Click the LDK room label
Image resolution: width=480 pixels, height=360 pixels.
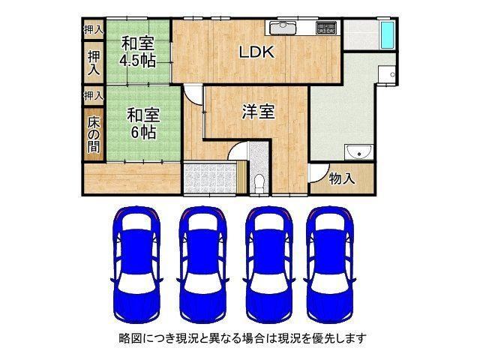tap(256, 52)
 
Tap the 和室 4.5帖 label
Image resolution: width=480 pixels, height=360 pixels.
tap(138, 52)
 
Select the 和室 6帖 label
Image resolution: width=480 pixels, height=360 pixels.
tap(143, 124)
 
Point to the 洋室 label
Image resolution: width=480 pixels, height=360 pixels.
tap(258, 111)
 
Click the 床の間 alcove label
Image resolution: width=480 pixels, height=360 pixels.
tap(93, 135)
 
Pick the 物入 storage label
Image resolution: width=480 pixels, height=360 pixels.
tap(342, 178)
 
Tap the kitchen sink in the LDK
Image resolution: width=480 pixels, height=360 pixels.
tap(283, 28)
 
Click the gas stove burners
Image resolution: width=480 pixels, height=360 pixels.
tap(326, 28)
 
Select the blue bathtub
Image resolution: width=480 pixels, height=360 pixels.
tap(387, 35)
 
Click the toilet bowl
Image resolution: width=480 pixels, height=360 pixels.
tap(259, 184)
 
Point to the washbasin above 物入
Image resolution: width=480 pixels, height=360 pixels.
tap(358, 152)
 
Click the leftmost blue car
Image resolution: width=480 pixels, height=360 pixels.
tap(136, 265)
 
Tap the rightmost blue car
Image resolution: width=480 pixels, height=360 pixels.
tap(330, 265)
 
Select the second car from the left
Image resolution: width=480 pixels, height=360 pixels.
tap(202, 265)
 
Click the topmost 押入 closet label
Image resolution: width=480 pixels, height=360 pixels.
tap(94, 29)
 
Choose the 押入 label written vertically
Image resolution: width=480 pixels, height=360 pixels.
tap(94, 63)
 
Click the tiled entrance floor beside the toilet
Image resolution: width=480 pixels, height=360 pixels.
tap(210, 178)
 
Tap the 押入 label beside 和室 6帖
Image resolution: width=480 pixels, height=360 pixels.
tap(94, 96)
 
